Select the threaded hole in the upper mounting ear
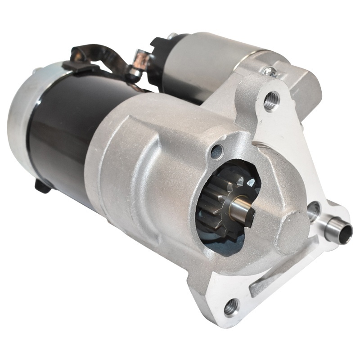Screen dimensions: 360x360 coord(271,101)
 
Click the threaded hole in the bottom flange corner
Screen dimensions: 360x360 coord(231,306)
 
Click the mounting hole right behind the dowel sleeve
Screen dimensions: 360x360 coord(314,208)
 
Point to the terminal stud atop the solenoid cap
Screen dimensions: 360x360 coord(171,36)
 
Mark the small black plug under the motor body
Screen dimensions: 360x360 coord(43,185)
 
